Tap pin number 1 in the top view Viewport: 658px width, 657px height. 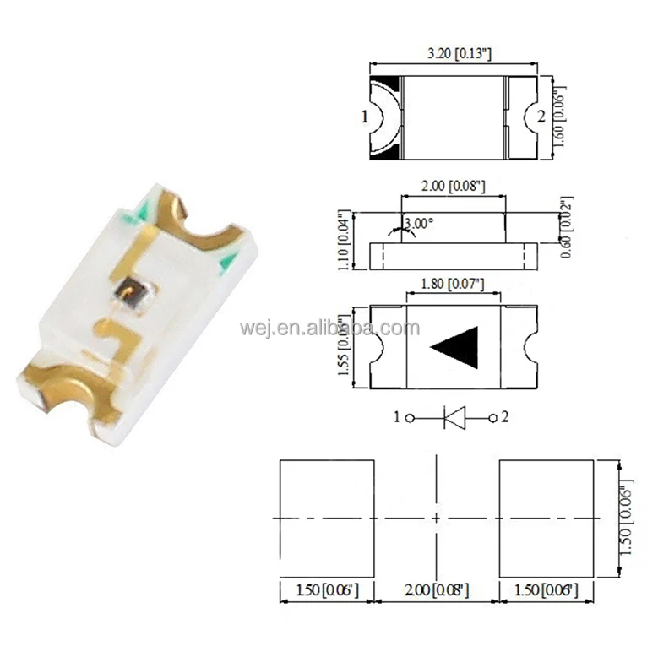coord(365,117)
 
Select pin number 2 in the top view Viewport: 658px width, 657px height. coord(541,117)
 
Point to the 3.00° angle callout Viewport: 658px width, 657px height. coord(418,224)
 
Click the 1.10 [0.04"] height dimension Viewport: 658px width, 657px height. coord(344,241)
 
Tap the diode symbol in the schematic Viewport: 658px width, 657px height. coord(454,417)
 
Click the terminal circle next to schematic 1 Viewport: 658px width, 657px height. coord(410,417)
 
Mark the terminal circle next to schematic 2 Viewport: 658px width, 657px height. coord(493,417)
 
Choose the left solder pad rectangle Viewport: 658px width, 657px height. coord(326,516)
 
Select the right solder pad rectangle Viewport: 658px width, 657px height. coord(548,516)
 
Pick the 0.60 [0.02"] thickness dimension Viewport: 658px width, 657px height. coord(564,226)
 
